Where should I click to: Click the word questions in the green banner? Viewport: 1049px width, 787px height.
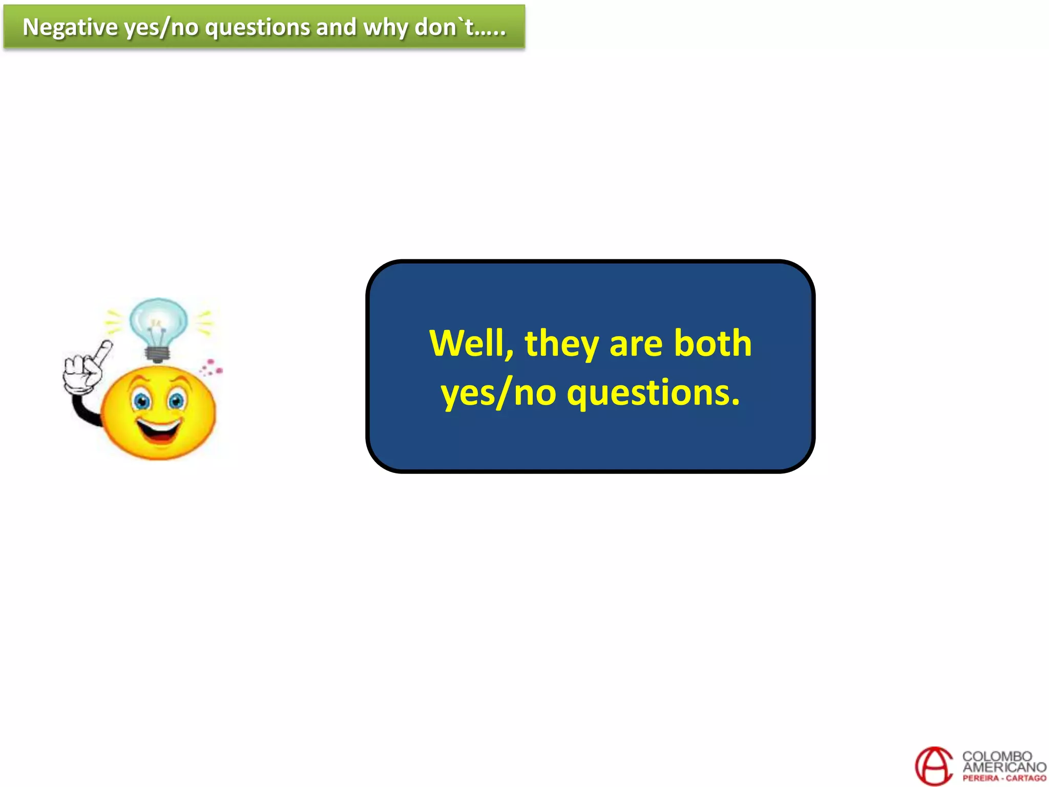pyautogui.click(x=257, y=27)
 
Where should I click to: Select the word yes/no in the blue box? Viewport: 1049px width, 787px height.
pyautogui.click(x=498, y=393)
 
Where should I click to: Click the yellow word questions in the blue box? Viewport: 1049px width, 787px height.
pyautogui.click(x=653, y=393)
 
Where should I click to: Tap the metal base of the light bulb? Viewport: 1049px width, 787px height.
pyautogui.click(x=157, y=354)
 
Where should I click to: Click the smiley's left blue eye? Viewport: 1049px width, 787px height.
pyautogui.click(x=141, y=401)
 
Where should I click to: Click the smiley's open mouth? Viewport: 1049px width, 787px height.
pyautogui.click(x=159, y=431)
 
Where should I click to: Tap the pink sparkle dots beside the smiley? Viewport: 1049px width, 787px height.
pyautogui.click(x=211, y=367)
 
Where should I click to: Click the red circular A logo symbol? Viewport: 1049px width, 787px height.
pyautogui.click(x=934, y=766)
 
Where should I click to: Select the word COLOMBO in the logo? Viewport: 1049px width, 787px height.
pyautogui.click(x=997, y=756)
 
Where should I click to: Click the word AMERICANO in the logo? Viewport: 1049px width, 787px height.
pyautogui.click(x=1004, y=767)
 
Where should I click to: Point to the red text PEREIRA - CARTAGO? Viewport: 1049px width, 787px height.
pyautogui.click(x=1004, y=778)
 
